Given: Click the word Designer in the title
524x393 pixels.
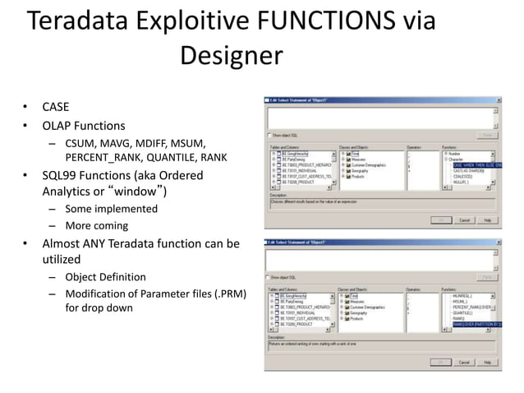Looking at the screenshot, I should tap(231, 56).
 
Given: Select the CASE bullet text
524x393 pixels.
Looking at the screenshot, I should tap(56, 108).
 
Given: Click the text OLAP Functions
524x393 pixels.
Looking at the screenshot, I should tap(84, 126).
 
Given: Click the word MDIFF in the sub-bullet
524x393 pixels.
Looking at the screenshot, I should tap(163, 143).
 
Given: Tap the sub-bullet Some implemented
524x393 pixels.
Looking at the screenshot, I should tap(111, 209).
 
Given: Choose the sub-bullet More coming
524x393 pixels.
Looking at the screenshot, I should tap(98, 226).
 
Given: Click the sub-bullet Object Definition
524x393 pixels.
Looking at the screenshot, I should tap(105, 277).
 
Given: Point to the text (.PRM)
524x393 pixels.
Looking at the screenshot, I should tap(229, 294).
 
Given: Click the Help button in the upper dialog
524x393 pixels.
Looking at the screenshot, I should tap(487, 220).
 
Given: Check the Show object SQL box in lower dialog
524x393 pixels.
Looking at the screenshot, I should tap(269, 277).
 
